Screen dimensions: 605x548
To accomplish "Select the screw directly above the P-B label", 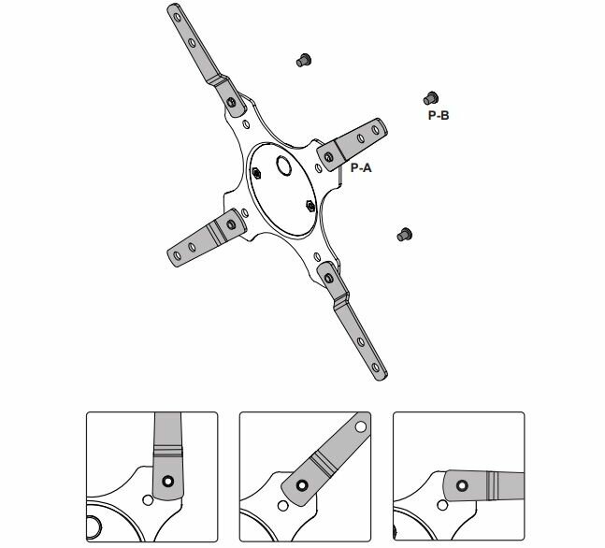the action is pyautogui.click(x=431, y=96).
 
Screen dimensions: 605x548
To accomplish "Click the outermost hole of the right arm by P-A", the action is pyautogui.click(x=378, y=127).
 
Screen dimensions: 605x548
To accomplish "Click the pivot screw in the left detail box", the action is pyautogui.click(x=167, y=483).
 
